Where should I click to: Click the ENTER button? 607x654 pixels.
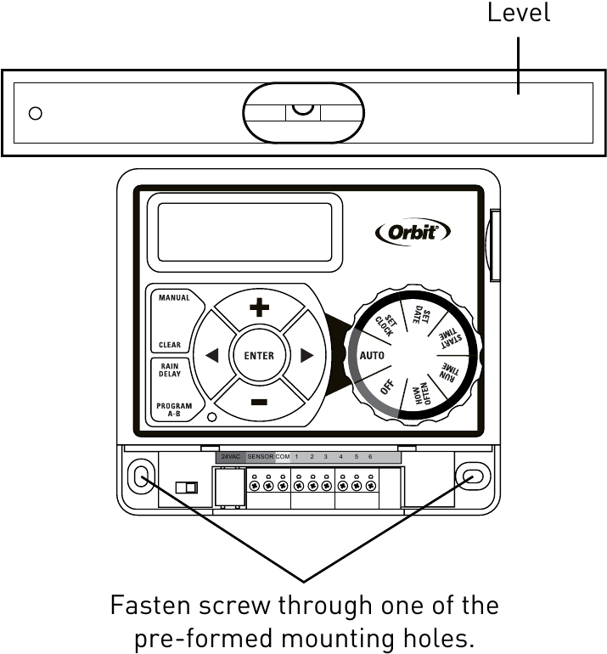tap(259, 355)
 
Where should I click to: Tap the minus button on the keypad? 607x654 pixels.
tap(259, 401)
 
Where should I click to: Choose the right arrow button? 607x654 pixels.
tap(306, 356)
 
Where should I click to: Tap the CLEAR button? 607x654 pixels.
tap(170, 346)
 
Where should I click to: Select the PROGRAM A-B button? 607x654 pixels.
tap(173, 409)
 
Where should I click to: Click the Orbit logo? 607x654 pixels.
tap(413, 232)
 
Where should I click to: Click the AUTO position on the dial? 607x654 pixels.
tap(372, 355)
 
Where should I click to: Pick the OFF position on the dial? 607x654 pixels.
tap(388, 387)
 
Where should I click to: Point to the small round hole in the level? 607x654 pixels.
tap(36, 113)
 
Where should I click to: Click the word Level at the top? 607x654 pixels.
tap(518, 13)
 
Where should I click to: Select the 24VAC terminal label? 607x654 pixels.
tap(230, 457)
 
